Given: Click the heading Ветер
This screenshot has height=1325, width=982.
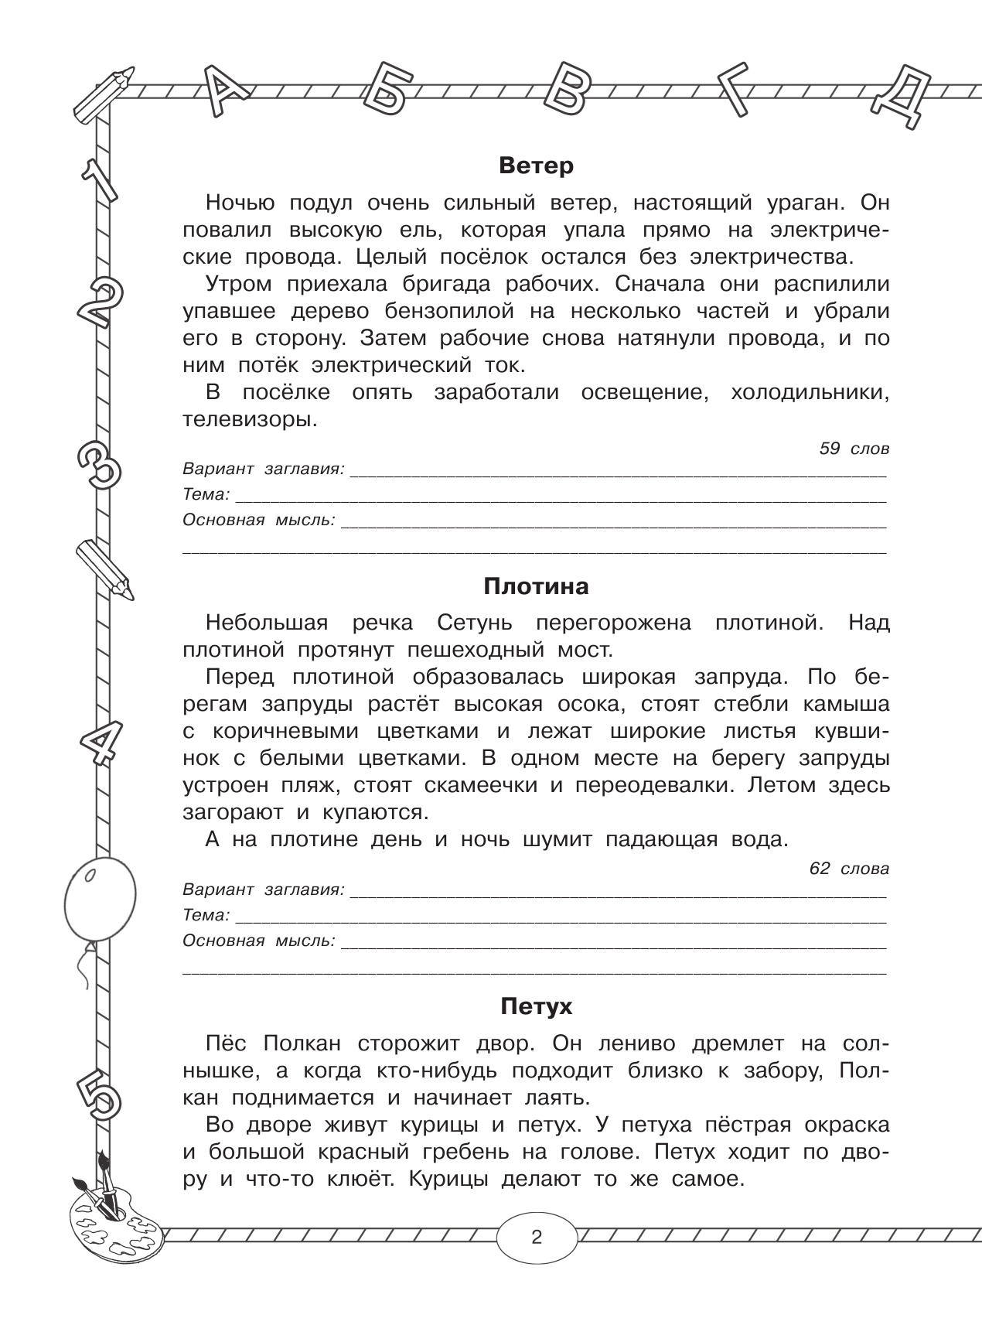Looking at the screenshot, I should point(536,166).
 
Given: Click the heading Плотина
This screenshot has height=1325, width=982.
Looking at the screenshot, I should point(536,586).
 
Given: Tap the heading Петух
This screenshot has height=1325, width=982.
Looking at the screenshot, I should point(536,1006).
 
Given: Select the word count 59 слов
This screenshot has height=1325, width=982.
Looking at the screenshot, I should point(854,449).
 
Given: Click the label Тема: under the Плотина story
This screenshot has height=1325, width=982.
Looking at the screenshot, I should point(206,915).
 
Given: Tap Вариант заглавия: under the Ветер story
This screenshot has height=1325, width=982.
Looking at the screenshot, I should point(263,469).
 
